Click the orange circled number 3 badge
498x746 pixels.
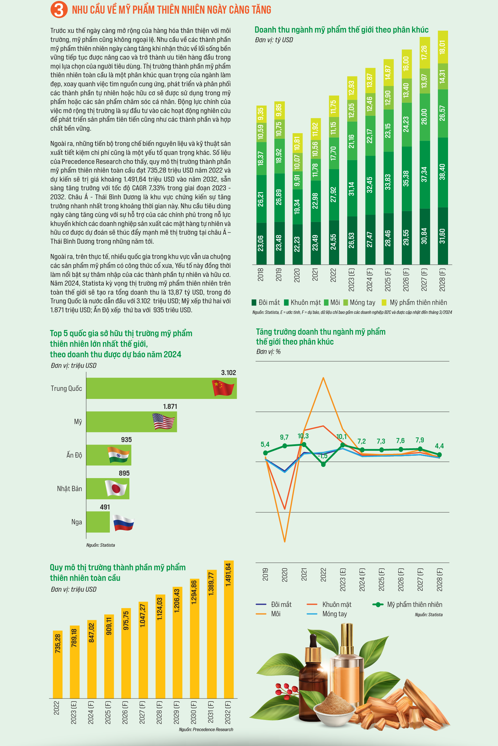[x=59, y=10]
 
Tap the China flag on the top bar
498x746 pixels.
[x=223, y=388]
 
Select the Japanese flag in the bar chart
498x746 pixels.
[x=116, y=488]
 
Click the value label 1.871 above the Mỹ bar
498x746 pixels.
[x=170, y=406]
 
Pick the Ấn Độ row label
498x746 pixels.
[x=74, y=455]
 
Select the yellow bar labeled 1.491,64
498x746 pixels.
[x=229, y=629]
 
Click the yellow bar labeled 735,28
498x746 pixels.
[x=57, y=664]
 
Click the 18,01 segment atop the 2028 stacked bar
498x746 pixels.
[x=443, y=47]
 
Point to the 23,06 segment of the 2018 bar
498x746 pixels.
[x=260, y=243]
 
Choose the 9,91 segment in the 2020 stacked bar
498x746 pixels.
[x=297, y=180]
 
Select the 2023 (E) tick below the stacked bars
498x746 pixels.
[x=352, y=280]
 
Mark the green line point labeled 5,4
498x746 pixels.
[x=266, y=453]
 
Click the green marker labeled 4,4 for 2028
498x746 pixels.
[x=440, y=455]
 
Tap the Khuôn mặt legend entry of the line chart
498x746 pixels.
[x=329, y=604]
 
